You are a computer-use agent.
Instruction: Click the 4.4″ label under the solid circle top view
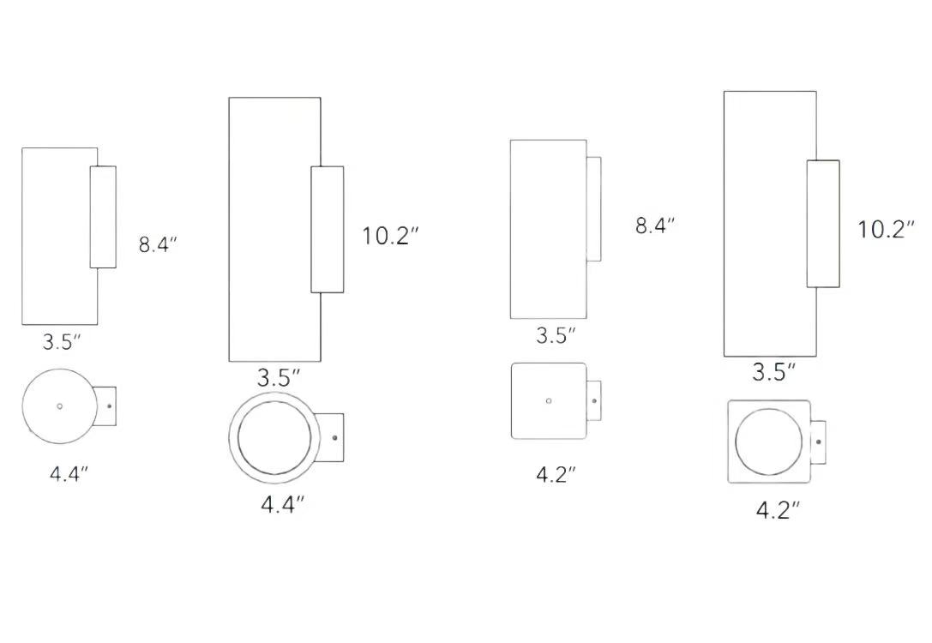[x=69, y=474]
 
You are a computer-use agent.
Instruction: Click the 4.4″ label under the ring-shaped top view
[x=283, y=505]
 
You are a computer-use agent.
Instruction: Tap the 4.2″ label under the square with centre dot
[x=556, y=475]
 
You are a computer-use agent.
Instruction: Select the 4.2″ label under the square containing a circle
[x=778, y=510]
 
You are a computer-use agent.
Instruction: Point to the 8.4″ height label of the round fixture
[x=158, y=245]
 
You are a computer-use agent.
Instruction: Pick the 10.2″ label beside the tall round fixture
[x=390, y=236]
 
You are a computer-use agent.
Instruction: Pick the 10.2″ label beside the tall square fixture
[x=886, y=230]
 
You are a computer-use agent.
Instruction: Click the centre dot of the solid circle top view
[x=59, y=406]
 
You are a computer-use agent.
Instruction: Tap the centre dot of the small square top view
[x=549, y=401]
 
